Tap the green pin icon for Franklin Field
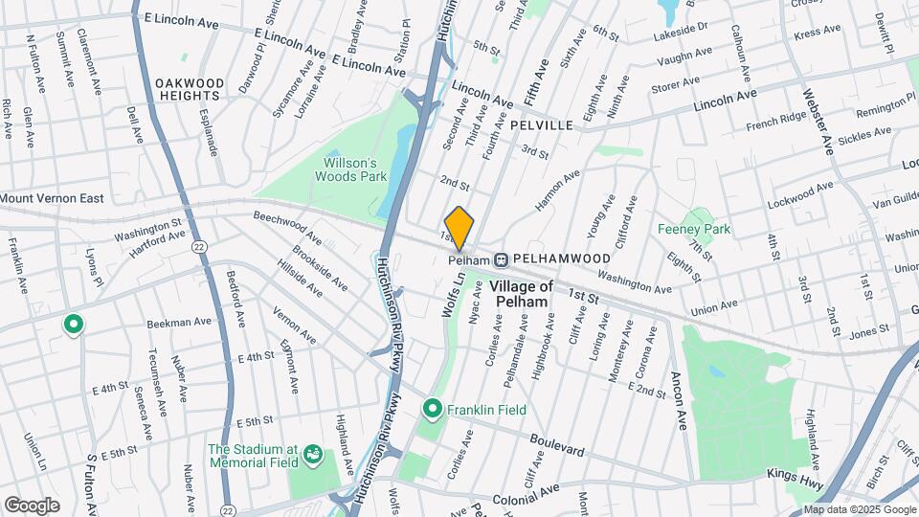(x=432, y=409)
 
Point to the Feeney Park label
(x=694, y=229)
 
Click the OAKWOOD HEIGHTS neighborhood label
(x=190, y=90)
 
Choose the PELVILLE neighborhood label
(x=542, y=125)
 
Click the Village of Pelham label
(x=522, y=294)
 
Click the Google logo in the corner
(x=32, y=506)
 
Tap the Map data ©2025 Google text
(x=859, y=509)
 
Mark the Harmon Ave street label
(x=558, y=191)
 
